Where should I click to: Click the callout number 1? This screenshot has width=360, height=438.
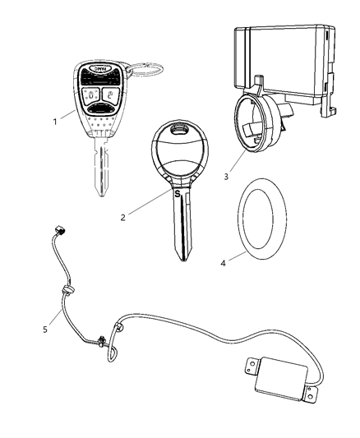pyautogui.click(x=57, y=121)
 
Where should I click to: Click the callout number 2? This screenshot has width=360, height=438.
pyautogui.click(x=123, y=217)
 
